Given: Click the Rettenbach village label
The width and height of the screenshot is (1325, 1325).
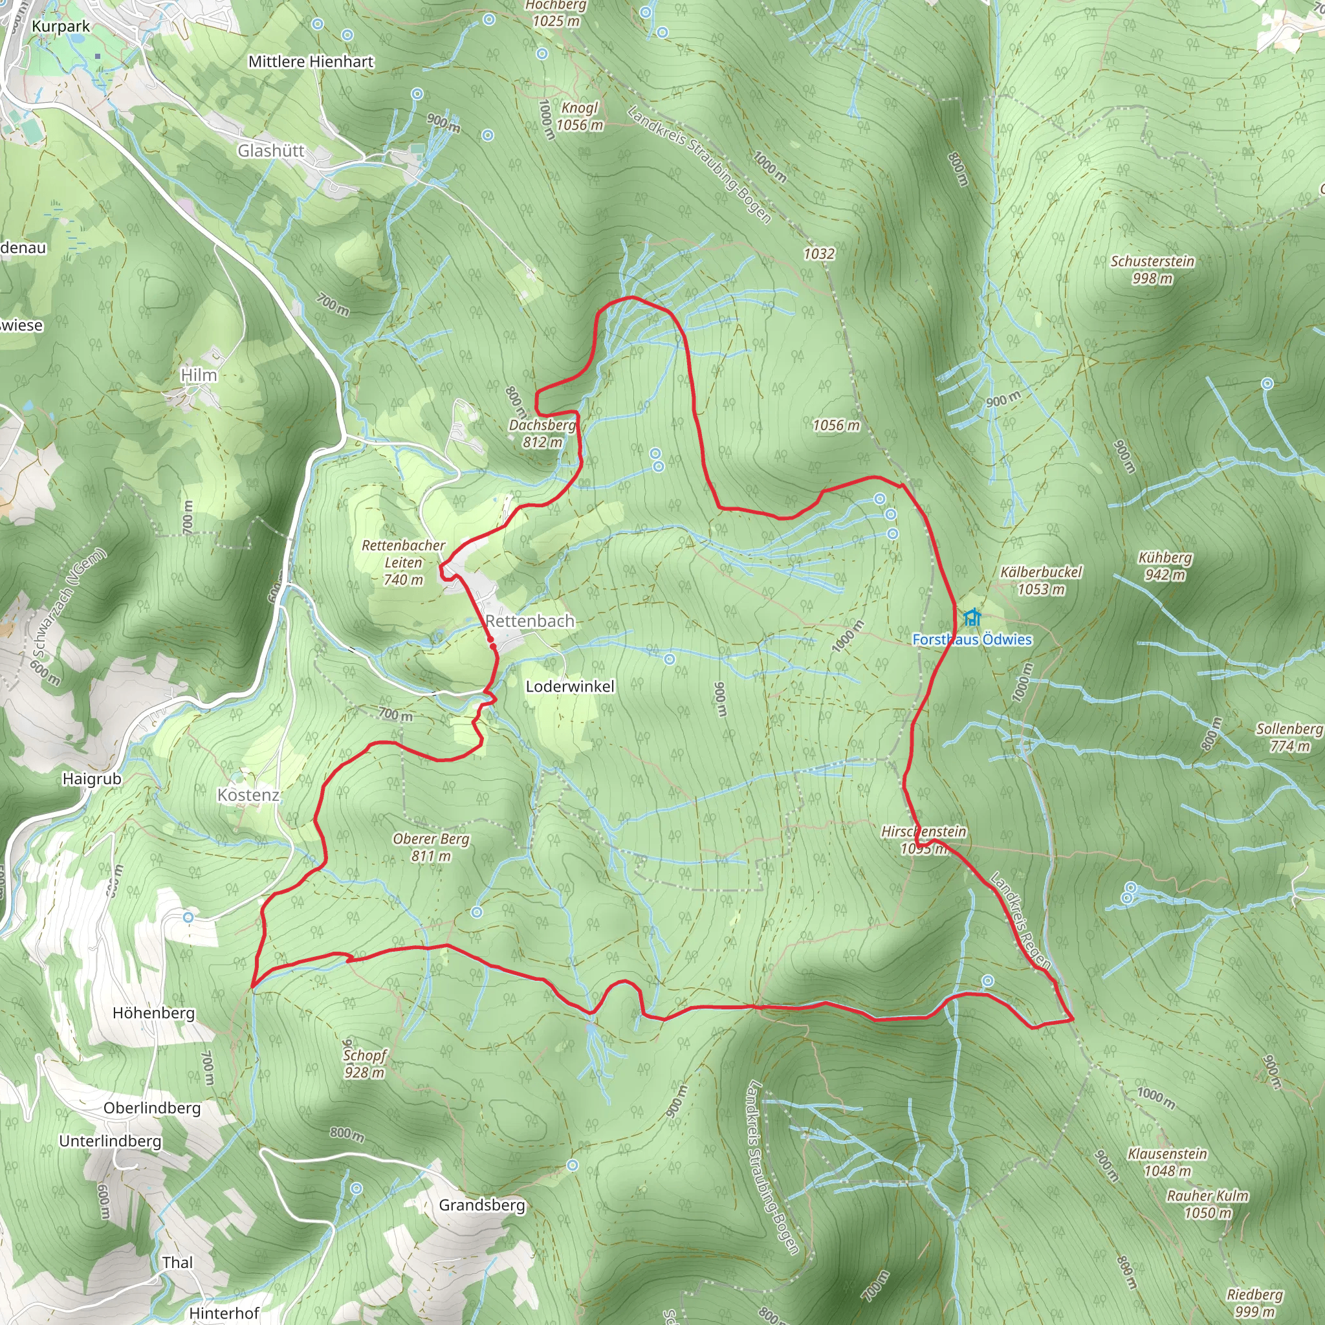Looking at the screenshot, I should click(x=529, y=621).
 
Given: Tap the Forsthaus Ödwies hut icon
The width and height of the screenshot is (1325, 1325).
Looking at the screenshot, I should click(x=971, y=617).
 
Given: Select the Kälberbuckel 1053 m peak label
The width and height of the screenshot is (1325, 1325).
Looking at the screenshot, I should click(x=1041, y=580).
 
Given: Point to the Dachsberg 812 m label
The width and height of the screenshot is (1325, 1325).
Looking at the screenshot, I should click(x=542, y=433).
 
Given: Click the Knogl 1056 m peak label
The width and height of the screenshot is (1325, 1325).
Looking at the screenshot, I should click(x=580, y=116).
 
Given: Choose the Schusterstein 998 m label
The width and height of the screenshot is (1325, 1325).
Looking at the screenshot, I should click(x=1152, y=270).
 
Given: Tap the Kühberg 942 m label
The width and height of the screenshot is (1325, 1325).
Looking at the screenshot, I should click(x=1165, y=566).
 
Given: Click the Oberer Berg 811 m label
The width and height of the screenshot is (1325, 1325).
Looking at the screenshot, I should click(x=431, y=847).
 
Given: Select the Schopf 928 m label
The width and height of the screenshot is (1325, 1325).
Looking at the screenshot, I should click(x=364, y=1064).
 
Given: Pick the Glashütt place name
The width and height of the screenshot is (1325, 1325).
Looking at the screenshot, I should click(x=271, y=151).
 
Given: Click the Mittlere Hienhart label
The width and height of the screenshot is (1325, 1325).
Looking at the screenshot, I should click(x=311, y=61).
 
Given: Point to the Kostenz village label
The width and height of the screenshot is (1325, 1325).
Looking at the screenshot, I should click(x=248, y=795).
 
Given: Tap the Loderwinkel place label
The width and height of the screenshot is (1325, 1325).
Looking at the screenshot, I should click(x=570, y=686).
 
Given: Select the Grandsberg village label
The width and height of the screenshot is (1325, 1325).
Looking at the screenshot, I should click(x=481, y=1205).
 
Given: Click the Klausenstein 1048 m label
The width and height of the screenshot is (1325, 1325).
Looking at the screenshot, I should click(x=1167, y=1163).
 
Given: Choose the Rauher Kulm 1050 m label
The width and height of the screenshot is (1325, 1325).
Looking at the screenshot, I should click(x=1208, y=1204).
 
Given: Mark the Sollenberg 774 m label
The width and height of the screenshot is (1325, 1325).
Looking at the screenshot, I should click(x=1289, y=738).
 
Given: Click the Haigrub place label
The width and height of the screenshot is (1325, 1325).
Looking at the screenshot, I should click(x=92, y=779).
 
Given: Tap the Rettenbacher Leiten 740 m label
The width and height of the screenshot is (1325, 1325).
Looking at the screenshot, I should click(x=403, y=562).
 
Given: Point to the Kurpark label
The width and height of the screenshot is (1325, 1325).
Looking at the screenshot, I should click(x=60, y=27).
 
